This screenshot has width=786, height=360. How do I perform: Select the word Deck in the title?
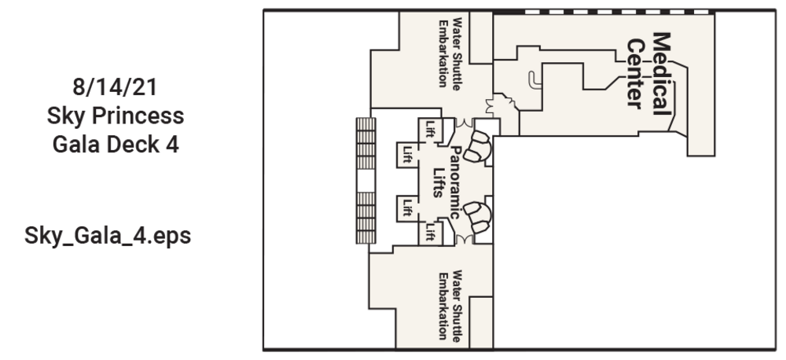128,146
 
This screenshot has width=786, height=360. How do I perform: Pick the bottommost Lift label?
430,232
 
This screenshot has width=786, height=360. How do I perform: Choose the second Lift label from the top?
407,151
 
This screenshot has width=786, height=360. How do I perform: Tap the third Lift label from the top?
407,208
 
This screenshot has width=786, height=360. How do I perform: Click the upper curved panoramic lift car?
479,145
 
